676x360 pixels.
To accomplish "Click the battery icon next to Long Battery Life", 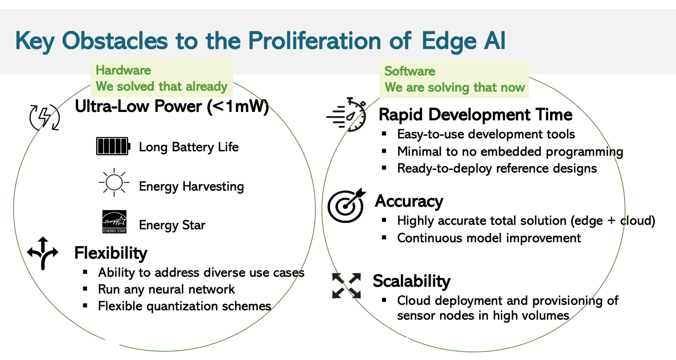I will (113, 146).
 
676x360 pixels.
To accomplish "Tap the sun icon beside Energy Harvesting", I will (114, 182).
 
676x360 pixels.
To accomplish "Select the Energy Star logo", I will (114, 222).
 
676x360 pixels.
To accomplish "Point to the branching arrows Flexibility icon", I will (43, 253).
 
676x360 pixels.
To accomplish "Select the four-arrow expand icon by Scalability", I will (346, 286).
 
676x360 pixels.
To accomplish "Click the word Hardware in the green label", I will (123, 70).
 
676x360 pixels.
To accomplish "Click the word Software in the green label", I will (410, 71).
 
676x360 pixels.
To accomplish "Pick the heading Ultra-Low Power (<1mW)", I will (172, 107).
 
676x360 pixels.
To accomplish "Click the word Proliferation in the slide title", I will (314, 41).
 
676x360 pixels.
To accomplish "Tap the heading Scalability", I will (411, 281).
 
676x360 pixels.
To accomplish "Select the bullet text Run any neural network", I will (166, 289).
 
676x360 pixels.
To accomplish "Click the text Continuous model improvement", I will (489, 238).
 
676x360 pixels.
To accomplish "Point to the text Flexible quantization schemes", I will (185, 306).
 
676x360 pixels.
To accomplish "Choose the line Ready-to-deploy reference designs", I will (497, 168).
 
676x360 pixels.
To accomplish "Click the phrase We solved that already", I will (161, 87).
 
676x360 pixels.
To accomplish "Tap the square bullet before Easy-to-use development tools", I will (384, 134).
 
